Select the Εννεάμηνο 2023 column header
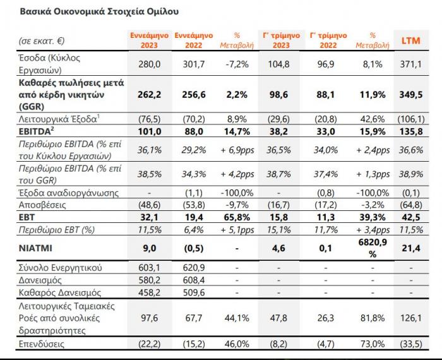(150, 40)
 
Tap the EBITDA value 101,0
(150, 132)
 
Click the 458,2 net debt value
(150, 292)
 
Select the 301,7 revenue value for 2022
(194, 64)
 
